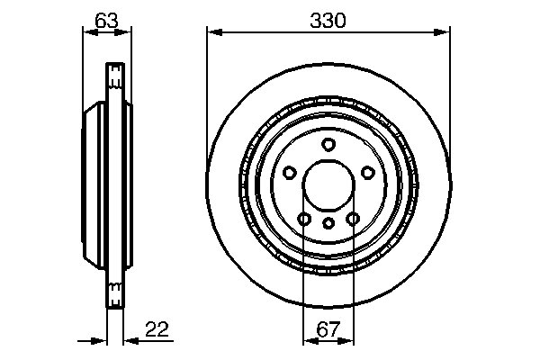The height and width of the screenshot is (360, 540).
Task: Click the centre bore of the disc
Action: pos(328,186)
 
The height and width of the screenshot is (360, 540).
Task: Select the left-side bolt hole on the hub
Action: pos(288,173)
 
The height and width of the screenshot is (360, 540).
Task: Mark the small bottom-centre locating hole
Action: pos(328,222)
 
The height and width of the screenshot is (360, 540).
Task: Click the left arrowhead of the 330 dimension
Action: pos(213,32)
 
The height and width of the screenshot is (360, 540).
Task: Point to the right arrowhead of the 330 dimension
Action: pos(444,32)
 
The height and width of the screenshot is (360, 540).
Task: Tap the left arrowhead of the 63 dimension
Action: pos(87,32)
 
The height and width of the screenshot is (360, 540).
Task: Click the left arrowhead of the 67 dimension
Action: pos(307,340)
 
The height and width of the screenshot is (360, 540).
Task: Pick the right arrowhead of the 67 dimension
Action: pos(350,340)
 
